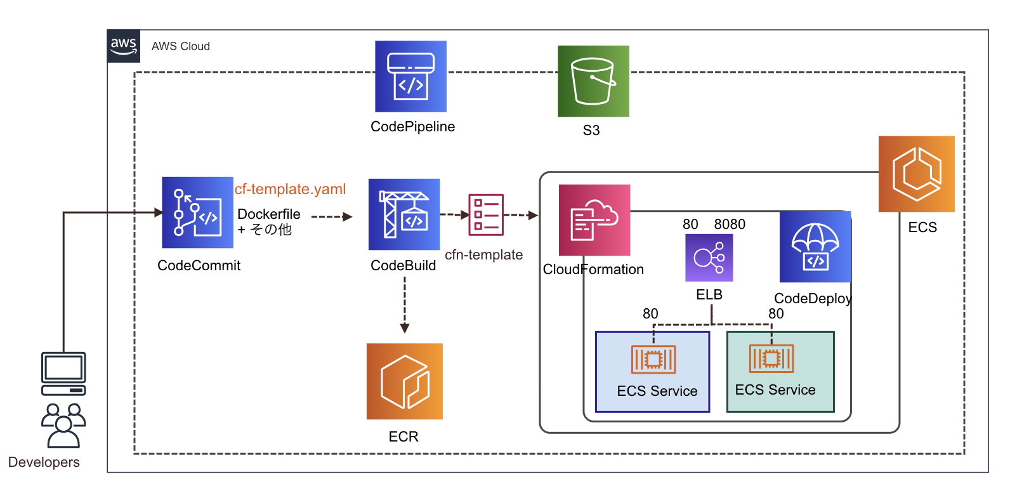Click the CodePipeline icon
click(410, 76)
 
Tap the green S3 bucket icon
click(593, 81)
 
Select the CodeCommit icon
click(197, 212)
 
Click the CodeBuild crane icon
click(404, 214)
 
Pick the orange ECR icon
click(404, 381)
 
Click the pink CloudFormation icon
click(594, 219)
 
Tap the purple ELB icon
click(709, 258)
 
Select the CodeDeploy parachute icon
click(815, 247)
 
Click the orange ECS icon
click(916, 174)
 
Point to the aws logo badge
click(123, 46)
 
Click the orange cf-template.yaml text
click(290, 189)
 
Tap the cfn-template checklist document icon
click(486, 214)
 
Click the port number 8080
click(730, 224)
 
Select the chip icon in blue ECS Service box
click(653, 360)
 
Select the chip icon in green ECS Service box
click(771, 358)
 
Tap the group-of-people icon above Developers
click(63, 425)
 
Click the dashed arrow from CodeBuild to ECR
click(405, 304)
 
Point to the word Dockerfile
click(269, 214)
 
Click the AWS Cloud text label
click(180, 46)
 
